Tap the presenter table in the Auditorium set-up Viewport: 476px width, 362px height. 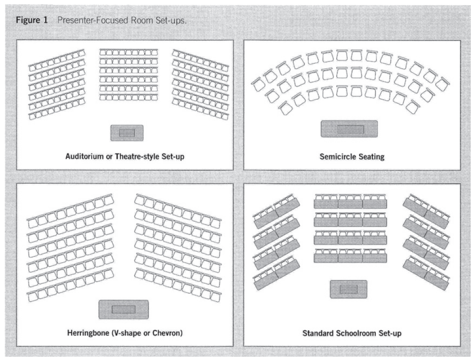coord(127,132)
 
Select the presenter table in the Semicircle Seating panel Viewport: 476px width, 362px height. coord(350,129)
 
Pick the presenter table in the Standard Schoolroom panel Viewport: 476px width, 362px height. coord(348,289)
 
